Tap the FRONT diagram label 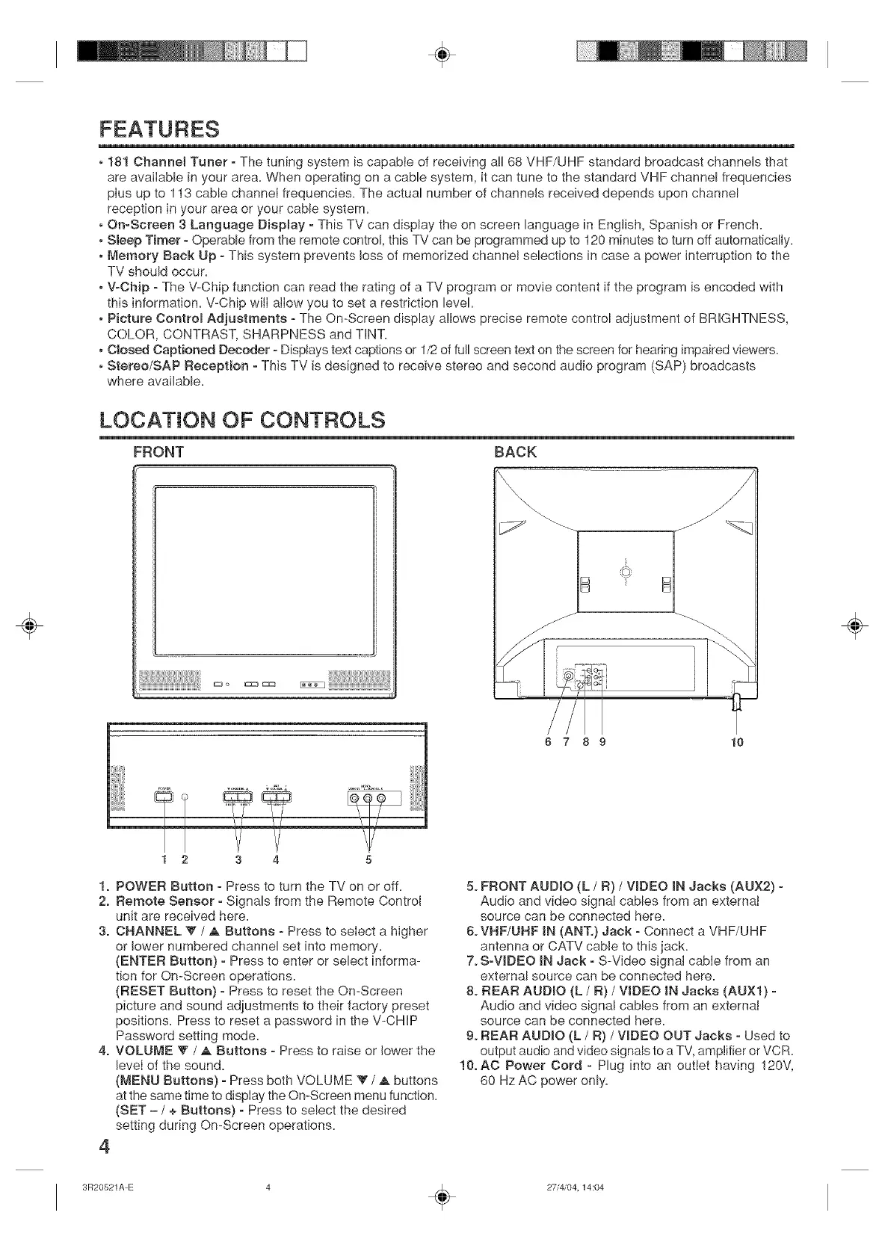point(158,452)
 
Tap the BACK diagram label point(516,452)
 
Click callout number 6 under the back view point(551,742)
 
